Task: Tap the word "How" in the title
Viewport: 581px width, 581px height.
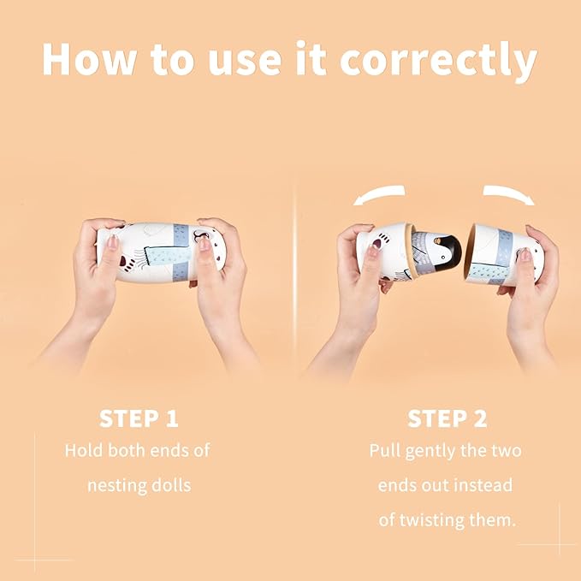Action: click(x=89, y=59)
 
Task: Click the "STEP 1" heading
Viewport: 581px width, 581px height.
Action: click(x=139, y=418)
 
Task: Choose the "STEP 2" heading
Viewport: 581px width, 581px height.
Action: click(x=447, y=418)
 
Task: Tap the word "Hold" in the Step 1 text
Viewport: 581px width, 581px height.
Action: click(x=83, y=450)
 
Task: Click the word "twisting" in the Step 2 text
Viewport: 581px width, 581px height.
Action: click(x=432, y=520)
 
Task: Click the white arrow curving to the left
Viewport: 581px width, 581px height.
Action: click(x=379, y=194)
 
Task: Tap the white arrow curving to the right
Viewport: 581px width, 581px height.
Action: click(x=509, y=193)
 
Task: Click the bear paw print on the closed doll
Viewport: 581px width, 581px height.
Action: click(x=125, y=261)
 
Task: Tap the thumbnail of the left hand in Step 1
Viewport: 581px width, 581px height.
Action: click(x=113, y=240)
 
